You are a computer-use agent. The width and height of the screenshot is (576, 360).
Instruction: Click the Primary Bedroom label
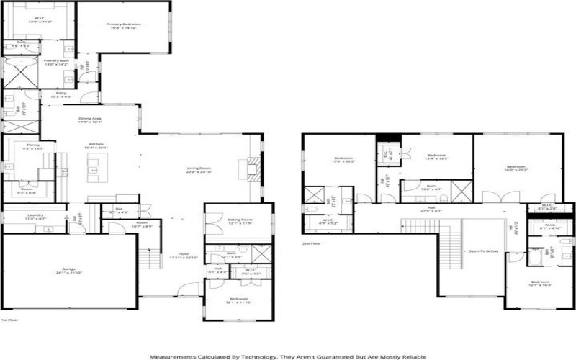point(123,24)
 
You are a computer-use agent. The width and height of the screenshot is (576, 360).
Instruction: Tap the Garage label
point(68,269)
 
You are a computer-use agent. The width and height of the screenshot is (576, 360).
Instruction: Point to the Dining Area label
point(89,119)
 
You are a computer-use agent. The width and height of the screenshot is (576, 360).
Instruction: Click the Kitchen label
point(96,144)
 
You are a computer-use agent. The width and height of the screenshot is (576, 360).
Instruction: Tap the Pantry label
point(33,145)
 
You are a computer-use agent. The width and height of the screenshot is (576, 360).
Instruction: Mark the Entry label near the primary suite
point(61,93)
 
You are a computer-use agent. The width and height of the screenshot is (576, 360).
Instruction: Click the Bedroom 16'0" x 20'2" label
point(512,170)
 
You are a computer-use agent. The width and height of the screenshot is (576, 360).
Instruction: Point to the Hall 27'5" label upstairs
point(431,209)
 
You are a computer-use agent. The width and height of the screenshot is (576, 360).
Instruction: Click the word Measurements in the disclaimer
point(170,356)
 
